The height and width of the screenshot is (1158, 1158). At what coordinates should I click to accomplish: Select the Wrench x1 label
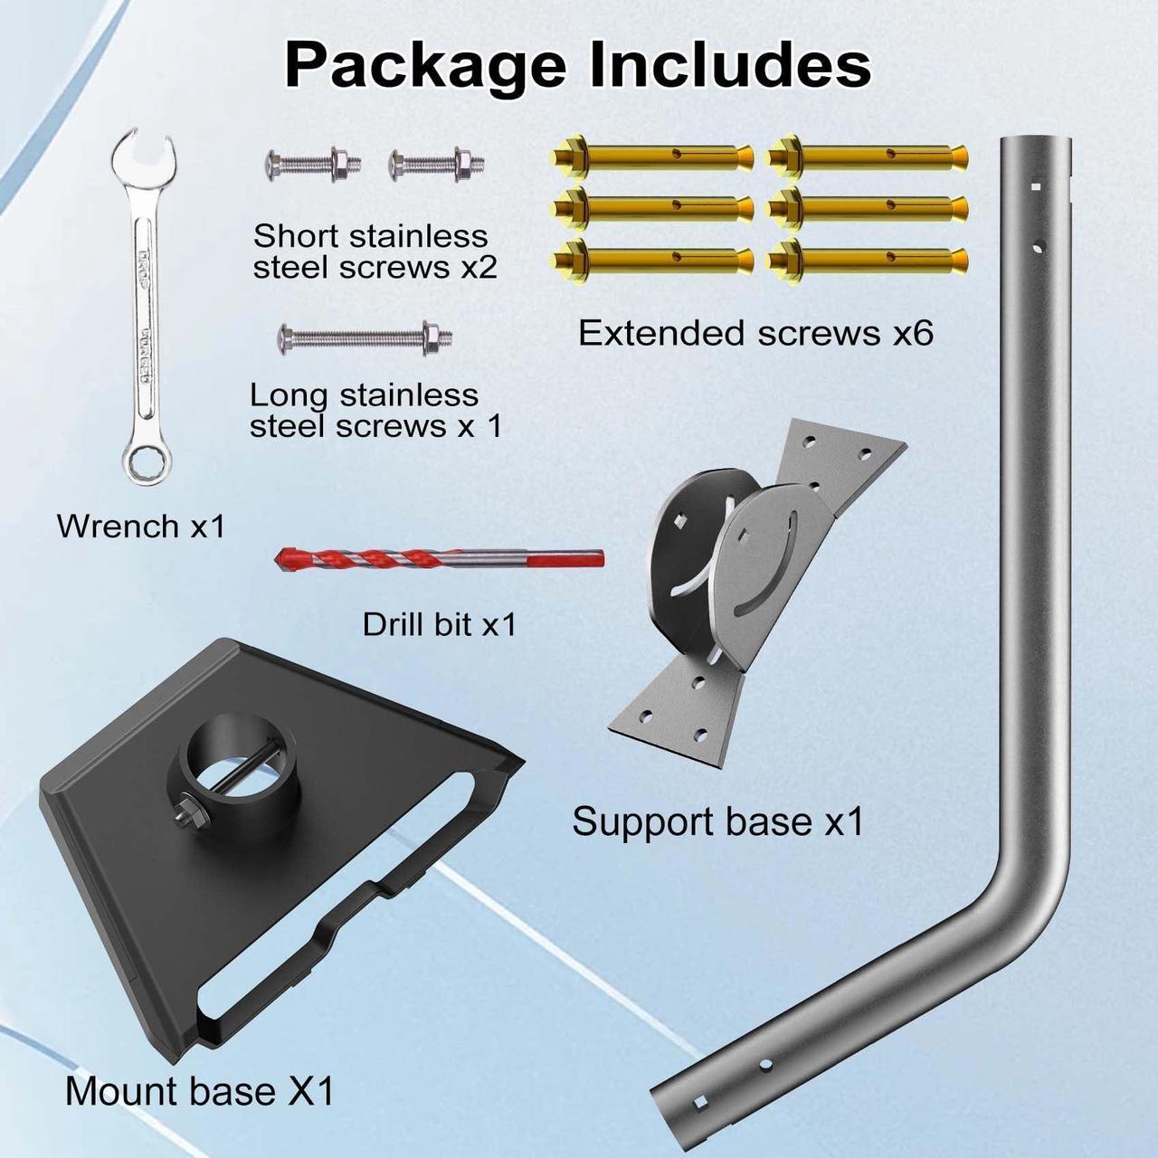140,526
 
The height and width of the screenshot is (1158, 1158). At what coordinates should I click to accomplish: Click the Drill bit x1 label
439,624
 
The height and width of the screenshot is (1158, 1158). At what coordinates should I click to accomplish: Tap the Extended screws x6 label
755,333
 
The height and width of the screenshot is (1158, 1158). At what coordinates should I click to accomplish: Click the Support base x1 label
717,821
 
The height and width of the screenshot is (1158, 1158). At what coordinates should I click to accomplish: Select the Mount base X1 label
199,1090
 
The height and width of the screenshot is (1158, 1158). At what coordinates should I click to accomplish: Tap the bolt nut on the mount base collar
185,806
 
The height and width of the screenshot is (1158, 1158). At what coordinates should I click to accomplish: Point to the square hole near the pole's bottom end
699,1101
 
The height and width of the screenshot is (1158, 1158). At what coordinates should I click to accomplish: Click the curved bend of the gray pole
1013,896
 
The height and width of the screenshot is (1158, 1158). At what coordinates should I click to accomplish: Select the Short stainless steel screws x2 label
375,252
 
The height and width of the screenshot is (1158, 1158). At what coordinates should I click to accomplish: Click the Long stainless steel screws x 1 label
375,410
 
